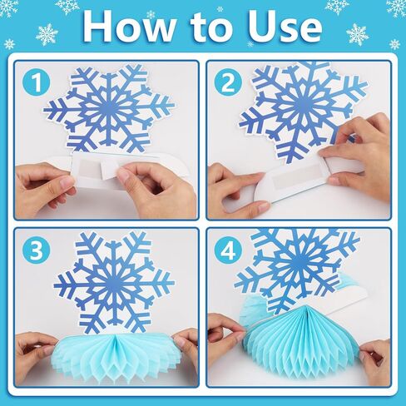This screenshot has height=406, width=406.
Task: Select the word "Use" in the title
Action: [285, 27]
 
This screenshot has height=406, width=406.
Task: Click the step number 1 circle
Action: [37, 82]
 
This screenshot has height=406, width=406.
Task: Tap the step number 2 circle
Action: [229, 82]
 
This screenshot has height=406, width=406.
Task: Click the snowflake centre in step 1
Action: [108, 108]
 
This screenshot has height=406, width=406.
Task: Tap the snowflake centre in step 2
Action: [302, 103]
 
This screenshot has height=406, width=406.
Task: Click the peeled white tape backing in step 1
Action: [110, 169]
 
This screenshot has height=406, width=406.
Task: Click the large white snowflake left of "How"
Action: [47, 35]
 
